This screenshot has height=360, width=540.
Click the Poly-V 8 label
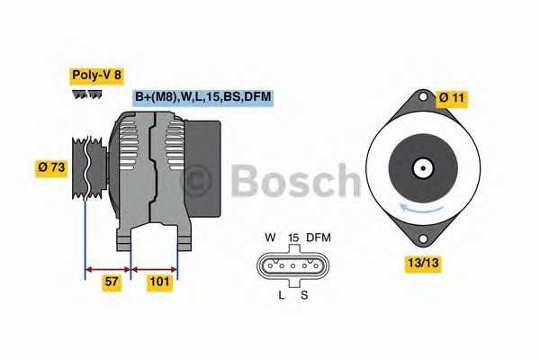[97, 76]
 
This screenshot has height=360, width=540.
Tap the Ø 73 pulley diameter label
[50, 166]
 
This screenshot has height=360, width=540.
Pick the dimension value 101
[159, 282]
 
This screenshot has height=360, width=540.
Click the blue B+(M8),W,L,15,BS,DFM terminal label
[202, 97]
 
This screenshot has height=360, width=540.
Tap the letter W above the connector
[269, 238]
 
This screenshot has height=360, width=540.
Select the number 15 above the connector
[292, 238]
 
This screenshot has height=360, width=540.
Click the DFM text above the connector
[319, 238]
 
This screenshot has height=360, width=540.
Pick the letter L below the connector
[280, 294]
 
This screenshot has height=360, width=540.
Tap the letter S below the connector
[303, 294]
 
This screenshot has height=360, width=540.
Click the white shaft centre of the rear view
[422, 167]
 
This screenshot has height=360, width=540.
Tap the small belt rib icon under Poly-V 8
[86, 94]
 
